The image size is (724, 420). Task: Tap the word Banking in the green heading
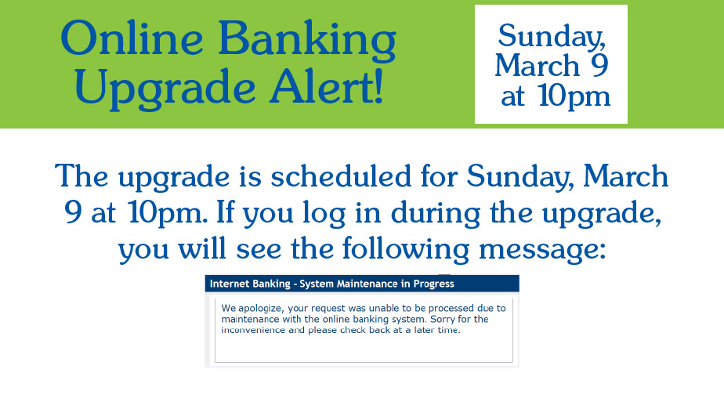pos(307,42)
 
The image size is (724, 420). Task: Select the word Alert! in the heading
pos(327,86)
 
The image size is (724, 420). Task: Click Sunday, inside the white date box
pos(552,38)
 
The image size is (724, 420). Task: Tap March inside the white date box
pos(537,65)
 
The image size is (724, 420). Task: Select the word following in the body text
pos(405,250)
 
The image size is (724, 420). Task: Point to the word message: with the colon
pos(542,251)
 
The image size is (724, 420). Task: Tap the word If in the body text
pos(226,213)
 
